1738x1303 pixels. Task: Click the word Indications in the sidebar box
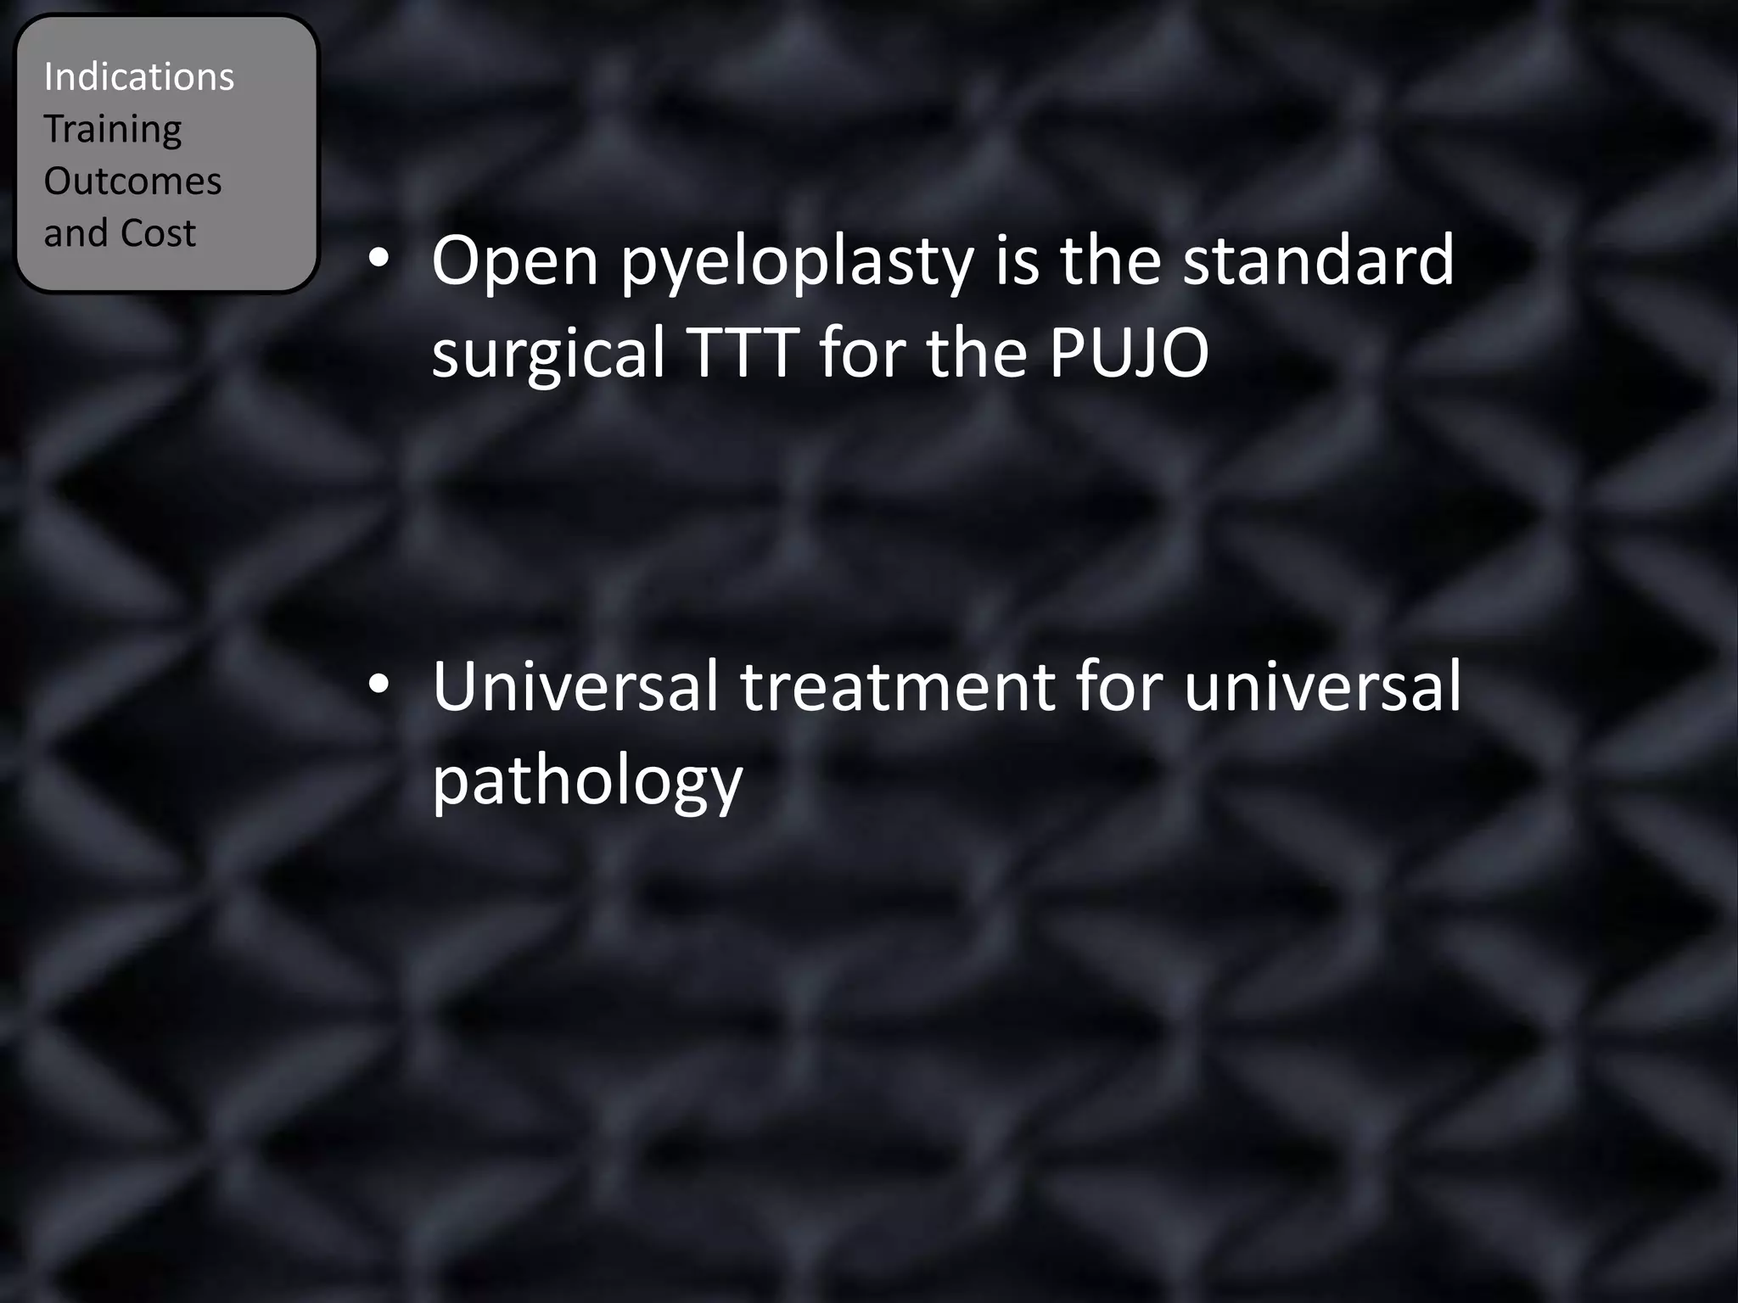138,77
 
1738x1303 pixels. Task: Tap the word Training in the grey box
112,130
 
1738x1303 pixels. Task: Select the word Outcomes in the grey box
132,182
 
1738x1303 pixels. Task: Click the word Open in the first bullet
515,262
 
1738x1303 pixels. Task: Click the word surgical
548,354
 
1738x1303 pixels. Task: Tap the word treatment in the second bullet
897,688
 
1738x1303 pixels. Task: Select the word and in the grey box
75,233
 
